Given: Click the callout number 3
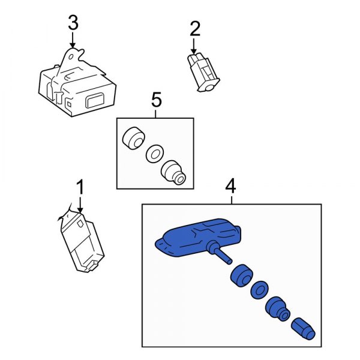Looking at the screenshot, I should pos(73,23).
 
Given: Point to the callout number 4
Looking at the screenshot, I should pos(231,187).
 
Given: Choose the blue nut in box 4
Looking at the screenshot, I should pos(278,309).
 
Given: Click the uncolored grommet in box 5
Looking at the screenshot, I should pos(132,138).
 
